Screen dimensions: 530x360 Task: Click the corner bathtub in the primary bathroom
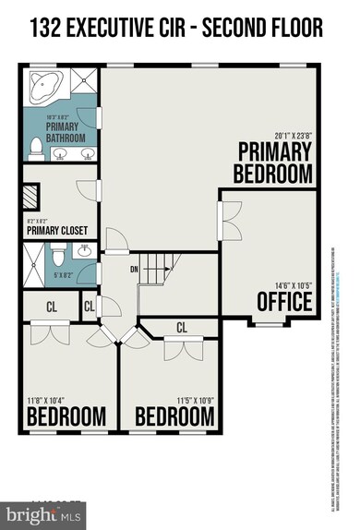click(x=42, y=89)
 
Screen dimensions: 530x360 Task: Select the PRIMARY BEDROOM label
click(x=274, y=162)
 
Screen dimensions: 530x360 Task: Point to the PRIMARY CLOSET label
click(x=56, y=230)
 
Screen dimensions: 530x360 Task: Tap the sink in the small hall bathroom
click(x=86, y=250)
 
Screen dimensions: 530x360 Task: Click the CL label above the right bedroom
click(x=181, y=327)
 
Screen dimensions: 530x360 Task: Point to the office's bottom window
click(x=268, y=323)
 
